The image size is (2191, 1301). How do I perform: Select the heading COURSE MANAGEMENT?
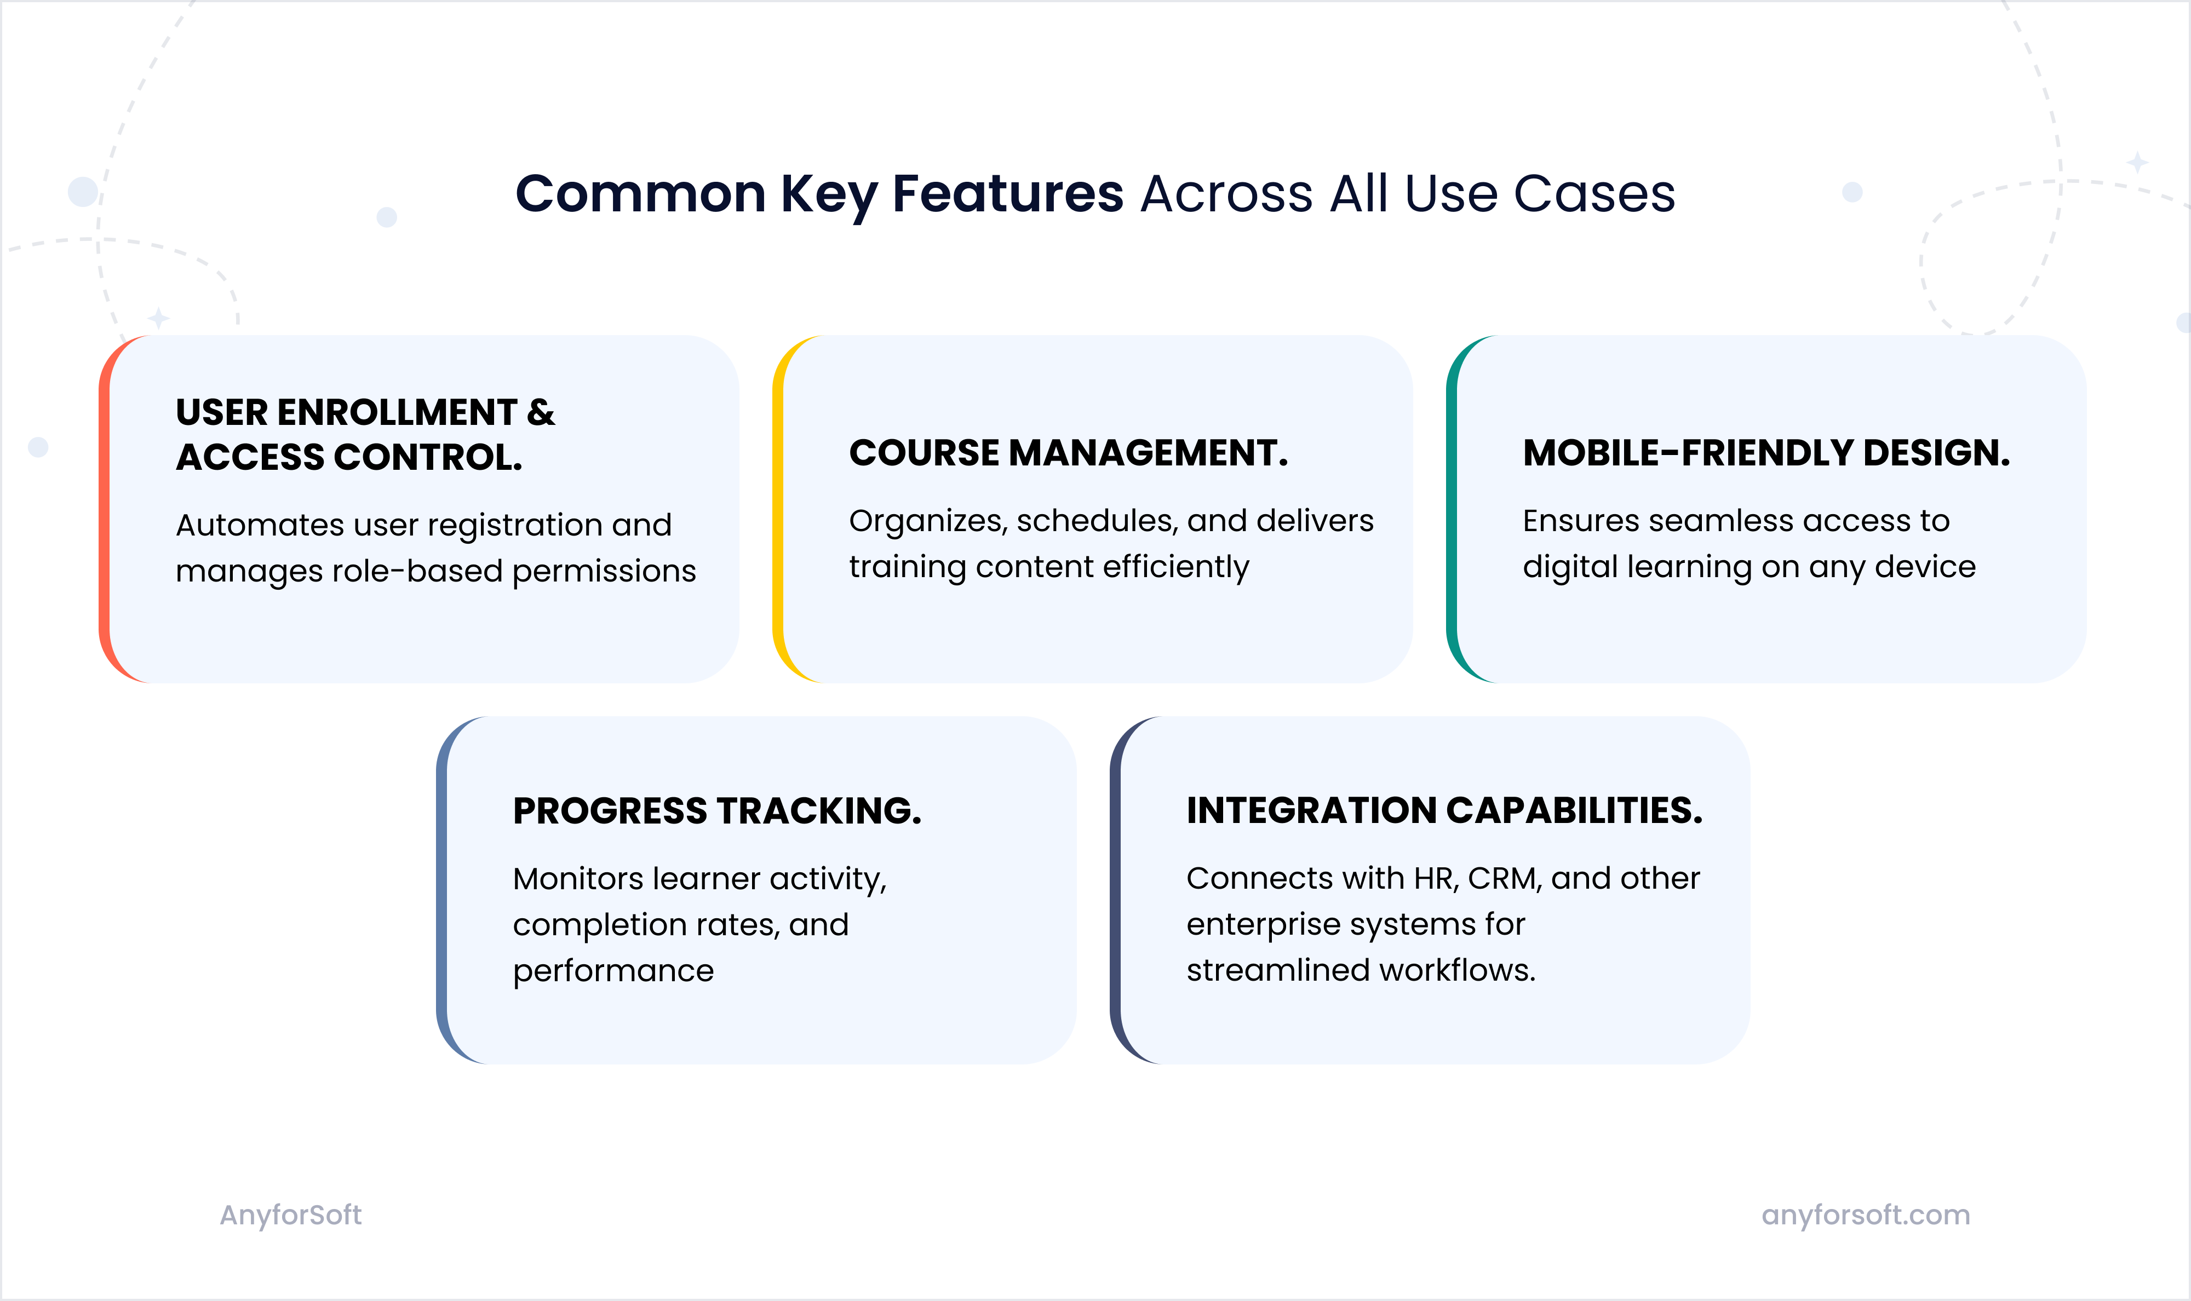pyautogui.click(x=1068, y=453)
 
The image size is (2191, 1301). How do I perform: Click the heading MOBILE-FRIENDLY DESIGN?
pyautogui.click(x=1766, y=453)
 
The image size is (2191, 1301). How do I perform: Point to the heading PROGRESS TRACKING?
pyautogui.click(x=717, y=811)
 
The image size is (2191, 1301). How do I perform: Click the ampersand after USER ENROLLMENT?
pyautogui.click(x=541, y=412)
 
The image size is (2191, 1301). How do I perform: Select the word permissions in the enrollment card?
pyautogui.click(x=604, y=572)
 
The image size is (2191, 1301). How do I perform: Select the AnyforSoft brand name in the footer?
pyautogui.click(x=290, y=1215)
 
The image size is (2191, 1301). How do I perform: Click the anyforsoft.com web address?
pyautogui.click(x=1866, y=1215)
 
